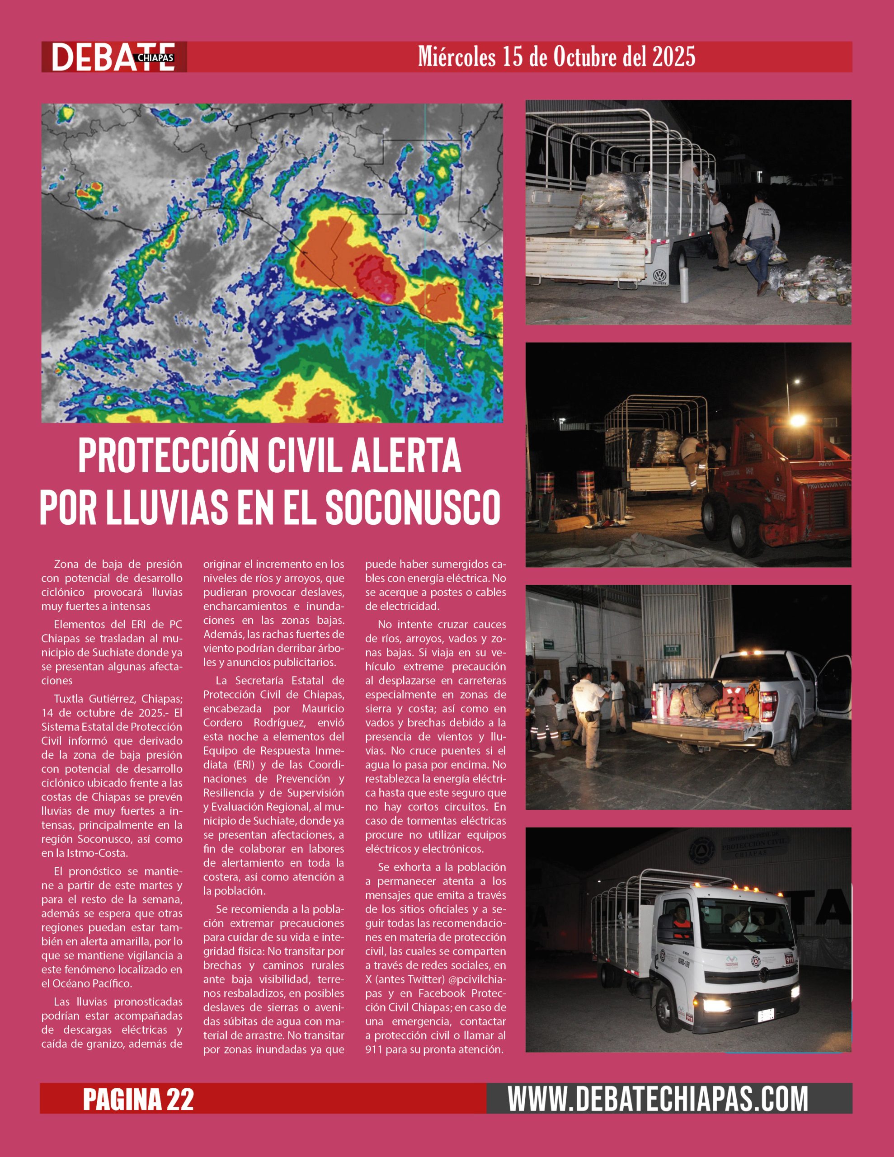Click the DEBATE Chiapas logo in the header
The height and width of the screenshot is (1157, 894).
point(113,56)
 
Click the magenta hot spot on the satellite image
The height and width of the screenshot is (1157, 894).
point(387,298)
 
